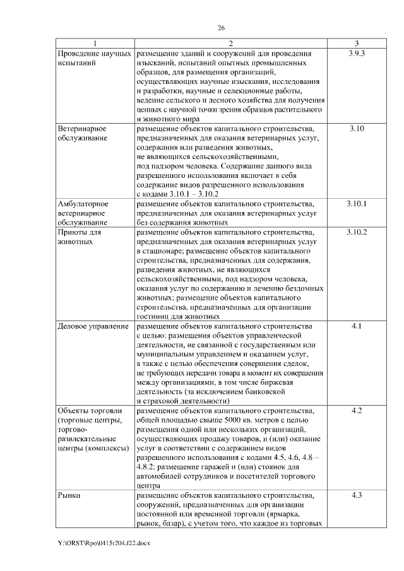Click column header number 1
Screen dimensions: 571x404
click(94, 43)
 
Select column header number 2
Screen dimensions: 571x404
click(230, 43)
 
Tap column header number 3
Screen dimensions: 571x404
click(357, 43)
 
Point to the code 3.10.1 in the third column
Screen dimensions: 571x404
click(357, 204)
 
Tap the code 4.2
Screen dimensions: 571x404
click(357, 411)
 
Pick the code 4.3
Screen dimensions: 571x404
click(357, 496)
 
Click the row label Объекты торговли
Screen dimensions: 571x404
click(88, 411)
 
